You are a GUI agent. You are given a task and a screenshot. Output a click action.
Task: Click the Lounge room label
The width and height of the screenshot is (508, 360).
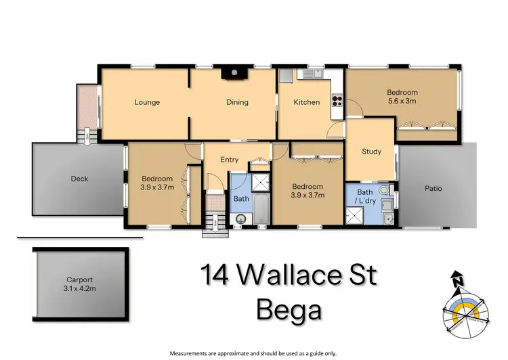click(x=147, y=102)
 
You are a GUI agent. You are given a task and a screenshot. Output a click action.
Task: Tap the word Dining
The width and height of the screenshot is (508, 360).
click(x=237, y=102)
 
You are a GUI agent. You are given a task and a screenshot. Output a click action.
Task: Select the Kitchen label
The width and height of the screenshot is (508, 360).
click(x=305, y=102)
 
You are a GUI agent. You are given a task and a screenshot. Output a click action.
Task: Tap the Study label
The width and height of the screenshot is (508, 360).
click(x=371, y=152)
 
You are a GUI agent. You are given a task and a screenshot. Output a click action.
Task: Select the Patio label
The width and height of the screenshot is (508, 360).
click(x=433, y=188)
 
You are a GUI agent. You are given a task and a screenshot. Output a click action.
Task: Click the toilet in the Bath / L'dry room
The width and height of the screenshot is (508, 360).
click(x=384, y=191)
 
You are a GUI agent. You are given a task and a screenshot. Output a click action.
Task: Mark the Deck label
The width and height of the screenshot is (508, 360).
click(x=79, y=179)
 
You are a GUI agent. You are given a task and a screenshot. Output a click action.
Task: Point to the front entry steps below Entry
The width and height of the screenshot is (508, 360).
click(x=213, y=223)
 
